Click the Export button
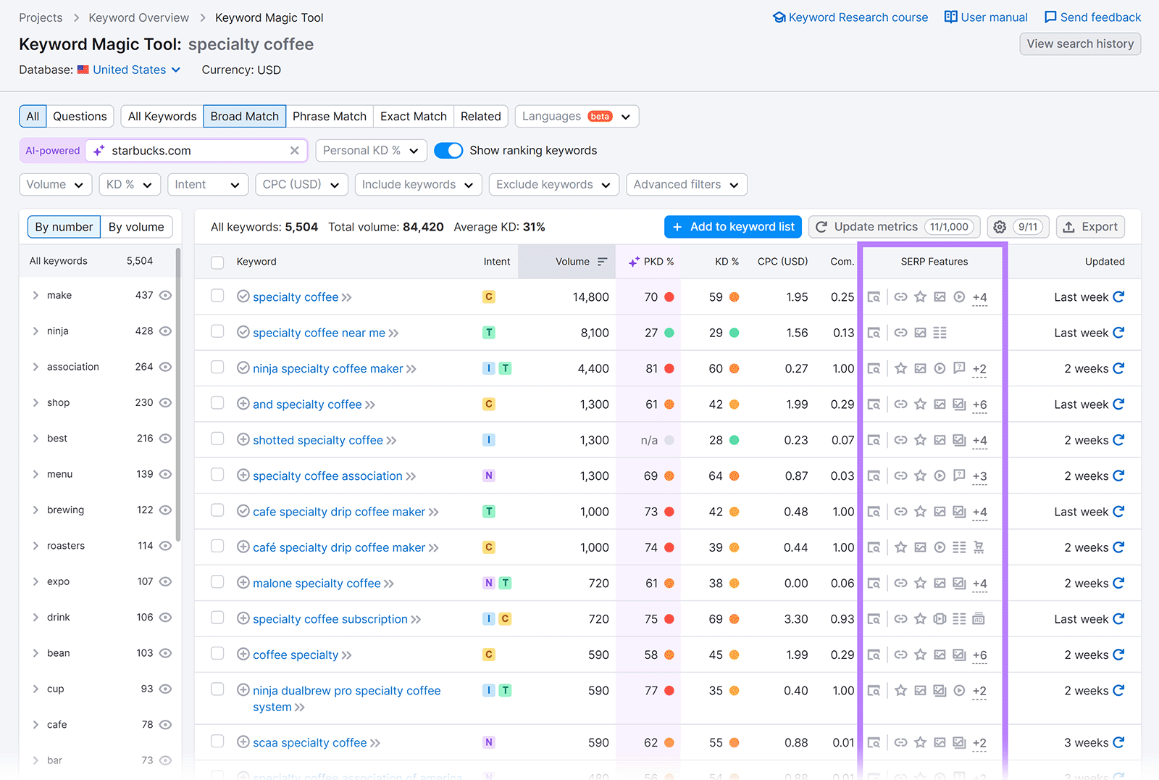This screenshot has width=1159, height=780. pyautogui.click(x=1090, y=227)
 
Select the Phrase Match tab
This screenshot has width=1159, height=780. pyautogui.click(x=329, y=116)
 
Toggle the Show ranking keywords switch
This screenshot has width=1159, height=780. pyautogui.click(x=448, y=150)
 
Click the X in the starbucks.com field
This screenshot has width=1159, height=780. pyautogui.click(x=294, y=151)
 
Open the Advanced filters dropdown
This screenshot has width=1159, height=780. pyautogui.click(x=685, y=184)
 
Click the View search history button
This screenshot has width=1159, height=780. pyautogui.click(x=1079, y=43)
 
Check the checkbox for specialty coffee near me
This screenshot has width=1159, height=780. pyautogui.click(x=217, y=332)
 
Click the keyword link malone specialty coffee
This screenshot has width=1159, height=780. pyautogui.click(x=317, y=583)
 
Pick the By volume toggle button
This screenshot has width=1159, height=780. pyautogui.click(x=136, y=227)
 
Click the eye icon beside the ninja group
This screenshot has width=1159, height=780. pyautogui.click(x=165, y=331)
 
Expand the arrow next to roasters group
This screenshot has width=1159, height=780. pyautogui.click(x=35, y=546)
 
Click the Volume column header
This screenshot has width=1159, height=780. pyautogui.click(x=572, y=262)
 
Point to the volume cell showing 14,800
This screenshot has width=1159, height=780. pyautogui.click(x=590, y=297)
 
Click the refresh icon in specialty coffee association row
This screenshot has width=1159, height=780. pyautogui.click(x=1118, y=476)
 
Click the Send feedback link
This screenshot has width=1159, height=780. pyautogui.click(x=1092, y=17)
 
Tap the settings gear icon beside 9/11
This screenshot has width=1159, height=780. pyautogui.click(x=1000, y=227)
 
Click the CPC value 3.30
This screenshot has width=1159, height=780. pyautogui.click(x=796, y=619)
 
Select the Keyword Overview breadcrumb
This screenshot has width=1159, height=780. pyautogui.click(x=138, y=17)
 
